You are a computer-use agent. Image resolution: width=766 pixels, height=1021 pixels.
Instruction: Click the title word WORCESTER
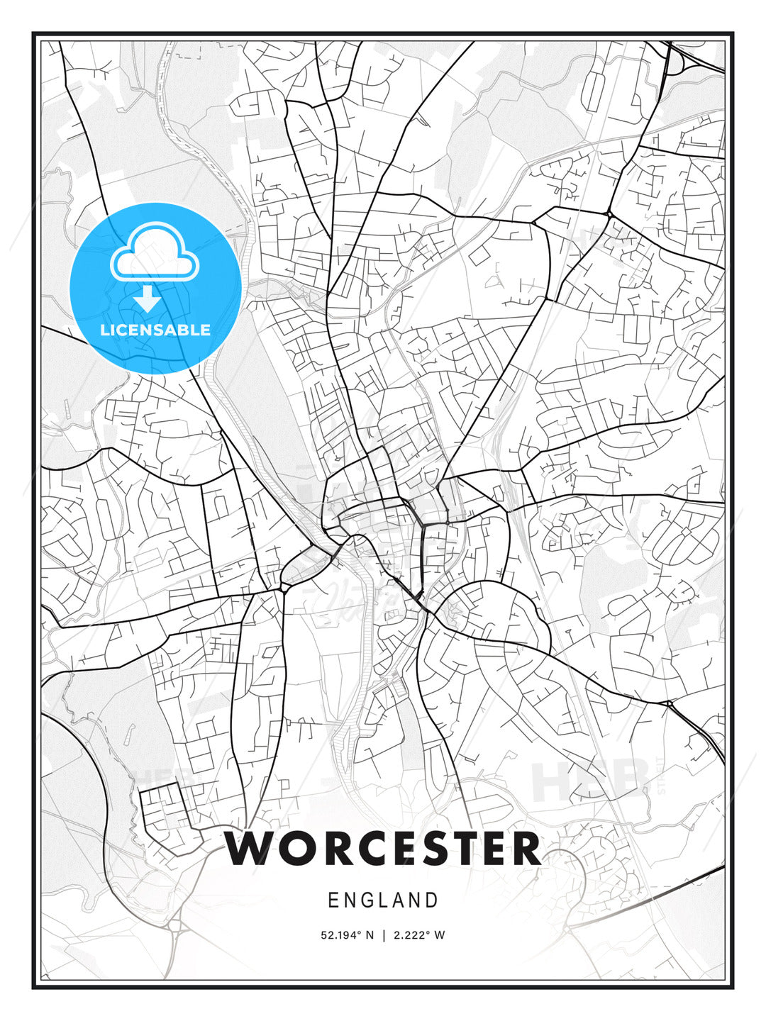coord(383,849)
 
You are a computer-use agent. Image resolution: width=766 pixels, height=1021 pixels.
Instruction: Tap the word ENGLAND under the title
coord(383,900)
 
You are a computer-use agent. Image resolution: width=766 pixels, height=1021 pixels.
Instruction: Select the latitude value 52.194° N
coord(347,935)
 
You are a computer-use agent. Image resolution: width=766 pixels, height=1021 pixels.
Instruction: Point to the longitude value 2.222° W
coord(418,935)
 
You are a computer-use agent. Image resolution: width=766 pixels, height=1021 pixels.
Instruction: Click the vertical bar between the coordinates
coord(383,935)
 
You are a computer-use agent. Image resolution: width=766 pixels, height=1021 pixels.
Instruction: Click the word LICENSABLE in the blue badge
coord(155,330)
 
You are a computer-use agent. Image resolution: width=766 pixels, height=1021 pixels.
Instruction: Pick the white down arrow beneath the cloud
coord(147,299)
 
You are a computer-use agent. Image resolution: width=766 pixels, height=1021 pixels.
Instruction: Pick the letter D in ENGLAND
coord(432,900)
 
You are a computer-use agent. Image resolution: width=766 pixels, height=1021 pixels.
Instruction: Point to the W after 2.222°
coord(440,935)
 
